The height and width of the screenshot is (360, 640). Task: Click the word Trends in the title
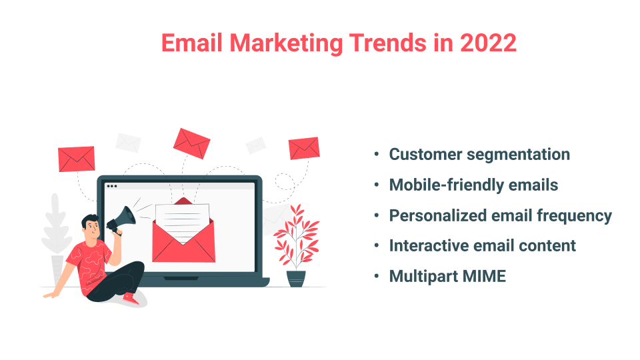pyautogui.click(x=385, y=43)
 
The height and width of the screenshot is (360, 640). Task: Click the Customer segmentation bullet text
pyautogui.click(x=479, y=155)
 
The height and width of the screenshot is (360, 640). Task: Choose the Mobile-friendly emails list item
pyautogui.click(x=473, y=185)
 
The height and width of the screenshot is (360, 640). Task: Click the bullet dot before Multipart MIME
pyautogui.click(x=377, y=276)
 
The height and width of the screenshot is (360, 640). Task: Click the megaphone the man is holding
pyautogui.click(x=121, y=217)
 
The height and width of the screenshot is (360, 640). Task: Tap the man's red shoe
pyautogui.click(x=131, y=300)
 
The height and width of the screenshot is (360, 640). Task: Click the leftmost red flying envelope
pyautogui.click(x=77, y=159)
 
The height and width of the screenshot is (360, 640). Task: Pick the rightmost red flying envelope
pyautogui.click(x=304, y=148)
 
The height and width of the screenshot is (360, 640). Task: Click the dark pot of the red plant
pyautogui.click(x=296, y=277)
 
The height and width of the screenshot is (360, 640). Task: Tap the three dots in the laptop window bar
pyautogui.click(x=111, y=186)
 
